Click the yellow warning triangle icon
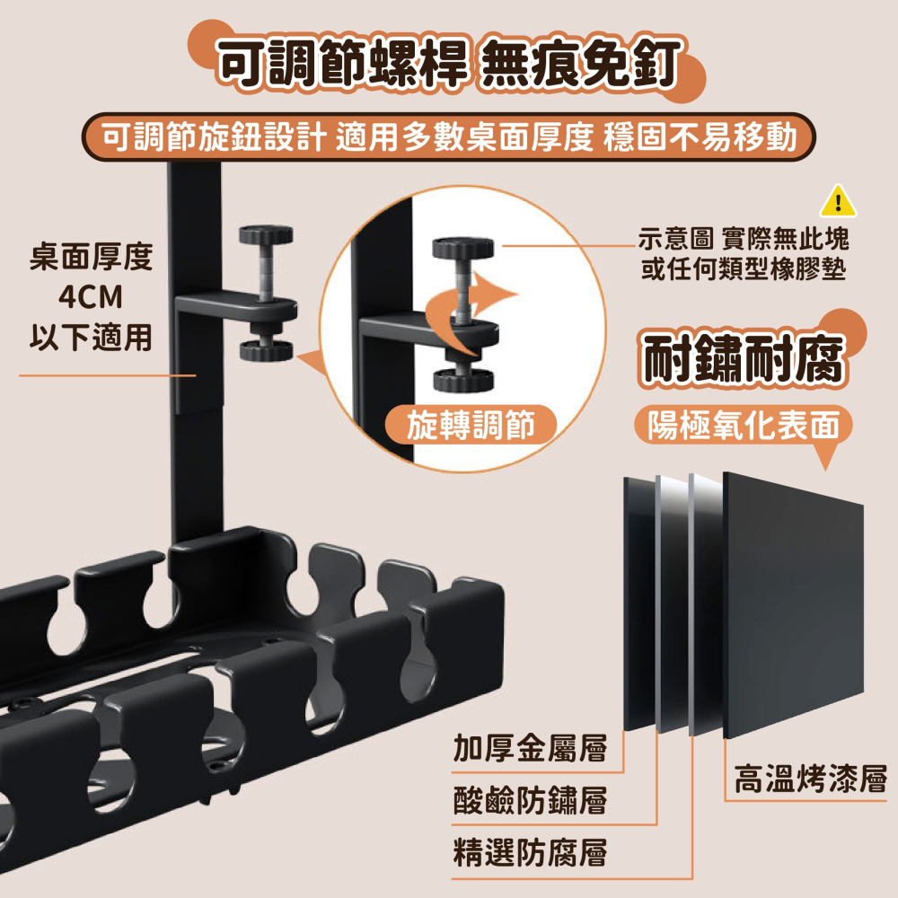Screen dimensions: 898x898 point(838,201)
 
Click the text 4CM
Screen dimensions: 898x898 point(90,297)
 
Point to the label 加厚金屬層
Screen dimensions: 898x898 point(529,747)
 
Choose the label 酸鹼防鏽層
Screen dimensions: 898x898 point(529,800)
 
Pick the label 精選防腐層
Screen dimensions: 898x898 point(529,851)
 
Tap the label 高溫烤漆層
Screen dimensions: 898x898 point(810,778)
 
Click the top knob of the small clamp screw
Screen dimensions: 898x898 point(266,238)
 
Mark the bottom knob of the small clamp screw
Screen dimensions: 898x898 point(266,349)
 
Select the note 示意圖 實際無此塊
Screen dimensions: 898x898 point(743,239)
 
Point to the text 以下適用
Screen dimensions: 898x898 point(90,338)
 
